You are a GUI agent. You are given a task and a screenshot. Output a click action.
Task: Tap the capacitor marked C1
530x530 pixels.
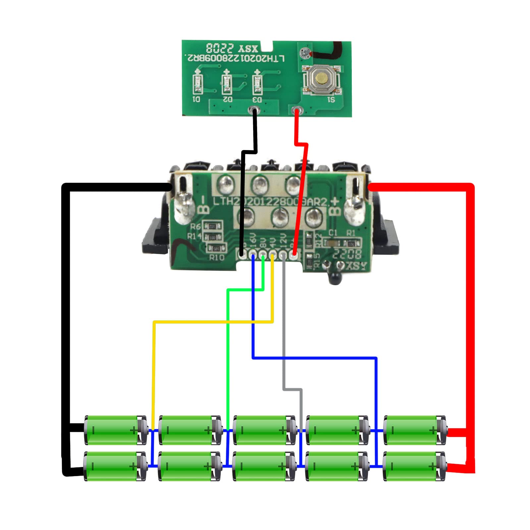click(332, 243)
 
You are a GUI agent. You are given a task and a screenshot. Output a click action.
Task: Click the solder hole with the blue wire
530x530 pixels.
click(253, 255)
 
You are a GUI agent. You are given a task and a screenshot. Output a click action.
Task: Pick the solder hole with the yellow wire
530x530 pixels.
click(273, 255)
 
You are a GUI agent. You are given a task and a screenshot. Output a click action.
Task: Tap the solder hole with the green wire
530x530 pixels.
click(263, 255)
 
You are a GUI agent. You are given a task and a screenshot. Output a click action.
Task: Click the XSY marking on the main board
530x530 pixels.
click(356, 266)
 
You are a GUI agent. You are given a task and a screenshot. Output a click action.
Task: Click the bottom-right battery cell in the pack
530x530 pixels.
click(414, 466)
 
